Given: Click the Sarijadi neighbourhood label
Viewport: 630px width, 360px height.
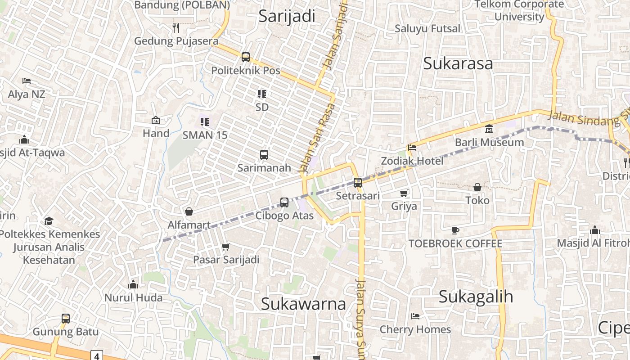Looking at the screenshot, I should point(287,16).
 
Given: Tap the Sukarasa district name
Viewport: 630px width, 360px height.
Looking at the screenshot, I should point(458,63).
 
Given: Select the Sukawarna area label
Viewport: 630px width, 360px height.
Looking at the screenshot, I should point(303,304).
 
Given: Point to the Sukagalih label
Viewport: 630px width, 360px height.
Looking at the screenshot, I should point(476,297).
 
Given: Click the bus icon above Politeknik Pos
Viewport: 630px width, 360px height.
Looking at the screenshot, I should point(246,57).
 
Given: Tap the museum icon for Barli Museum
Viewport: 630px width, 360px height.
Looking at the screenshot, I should point(489,130).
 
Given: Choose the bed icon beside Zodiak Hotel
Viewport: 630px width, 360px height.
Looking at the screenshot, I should point(412,147).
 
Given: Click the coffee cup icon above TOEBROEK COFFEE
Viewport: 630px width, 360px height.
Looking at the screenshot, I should point(455,231).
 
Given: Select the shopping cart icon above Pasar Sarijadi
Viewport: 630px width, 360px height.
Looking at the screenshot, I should point(226,247).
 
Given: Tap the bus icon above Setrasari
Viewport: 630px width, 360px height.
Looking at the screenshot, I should point(358,182).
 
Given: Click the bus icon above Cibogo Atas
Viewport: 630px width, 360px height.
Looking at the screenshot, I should point(284,202).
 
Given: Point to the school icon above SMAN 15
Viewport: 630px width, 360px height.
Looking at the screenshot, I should point(205,121).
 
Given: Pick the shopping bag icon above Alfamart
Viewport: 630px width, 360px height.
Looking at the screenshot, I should point(189,211).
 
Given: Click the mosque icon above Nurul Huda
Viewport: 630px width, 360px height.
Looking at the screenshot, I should point(133,284).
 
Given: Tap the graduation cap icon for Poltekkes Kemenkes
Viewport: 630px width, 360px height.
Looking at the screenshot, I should point(49,221).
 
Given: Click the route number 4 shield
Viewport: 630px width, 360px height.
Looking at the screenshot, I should point(96,355).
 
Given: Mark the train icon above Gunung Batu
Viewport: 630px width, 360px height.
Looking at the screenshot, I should point(66,319).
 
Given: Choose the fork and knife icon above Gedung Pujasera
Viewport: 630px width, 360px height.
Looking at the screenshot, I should point(176,28).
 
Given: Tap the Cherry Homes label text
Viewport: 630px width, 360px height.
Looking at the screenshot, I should point(415,329).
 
